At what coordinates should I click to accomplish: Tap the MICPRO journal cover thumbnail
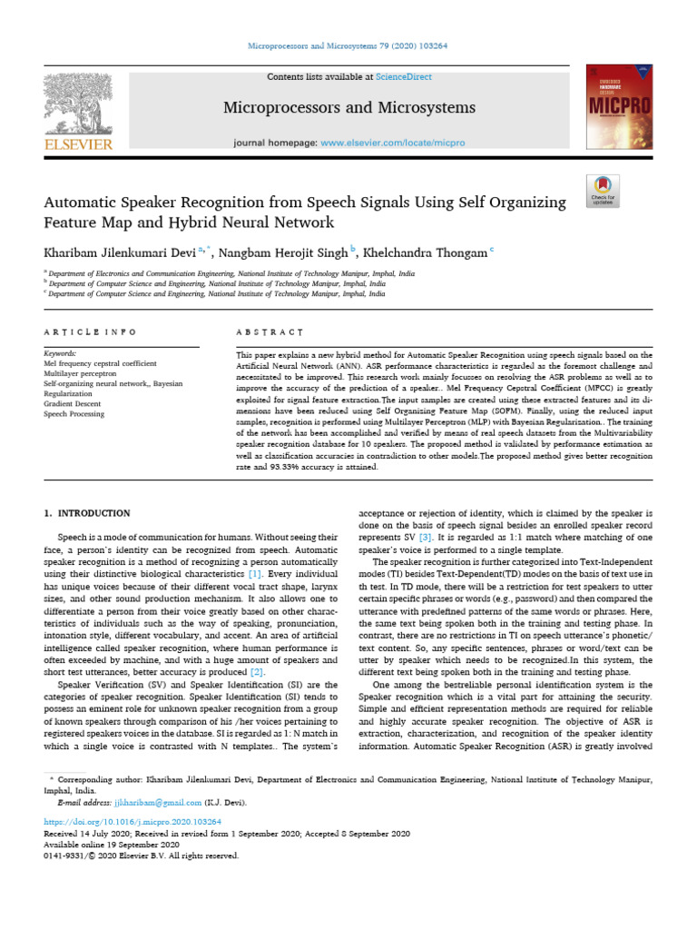[619, 106]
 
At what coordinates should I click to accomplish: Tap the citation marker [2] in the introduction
[257, 671]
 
